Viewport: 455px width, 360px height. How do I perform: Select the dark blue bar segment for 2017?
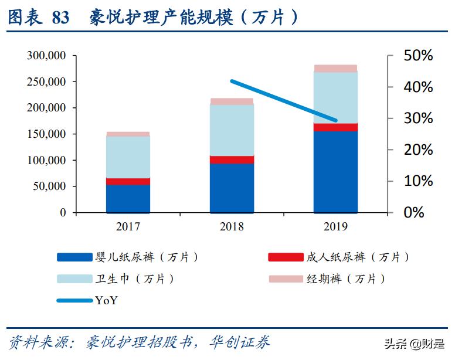tap(128, 198)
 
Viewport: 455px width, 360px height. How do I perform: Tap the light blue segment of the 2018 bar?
tap(232, 130)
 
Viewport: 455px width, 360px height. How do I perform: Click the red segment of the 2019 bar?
tap(335, 127)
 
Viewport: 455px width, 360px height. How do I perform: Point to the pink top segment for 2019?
tap(335, 69)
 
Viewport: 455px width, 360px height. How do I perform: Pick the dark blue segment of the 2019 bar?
tap(335, 172)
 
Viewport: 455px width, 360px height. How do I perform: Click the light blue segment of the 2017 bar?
tap(128, 157)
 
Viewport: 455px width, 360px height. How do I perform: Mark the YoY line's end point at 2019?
tap(336, 121)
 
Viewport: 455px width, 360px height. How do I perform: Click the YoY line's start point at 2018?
tap(232, 81)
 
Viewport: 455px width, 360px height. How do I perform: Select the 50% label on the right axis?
tap(418, 56)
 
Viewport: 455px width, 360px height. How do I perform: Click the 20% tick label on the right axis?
tap(418, 150)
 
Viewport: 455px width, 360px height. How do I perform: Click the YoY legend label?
tap(106, 300)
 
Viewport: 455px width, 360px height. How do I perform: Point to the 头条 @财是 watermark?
tap(415, 343)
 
